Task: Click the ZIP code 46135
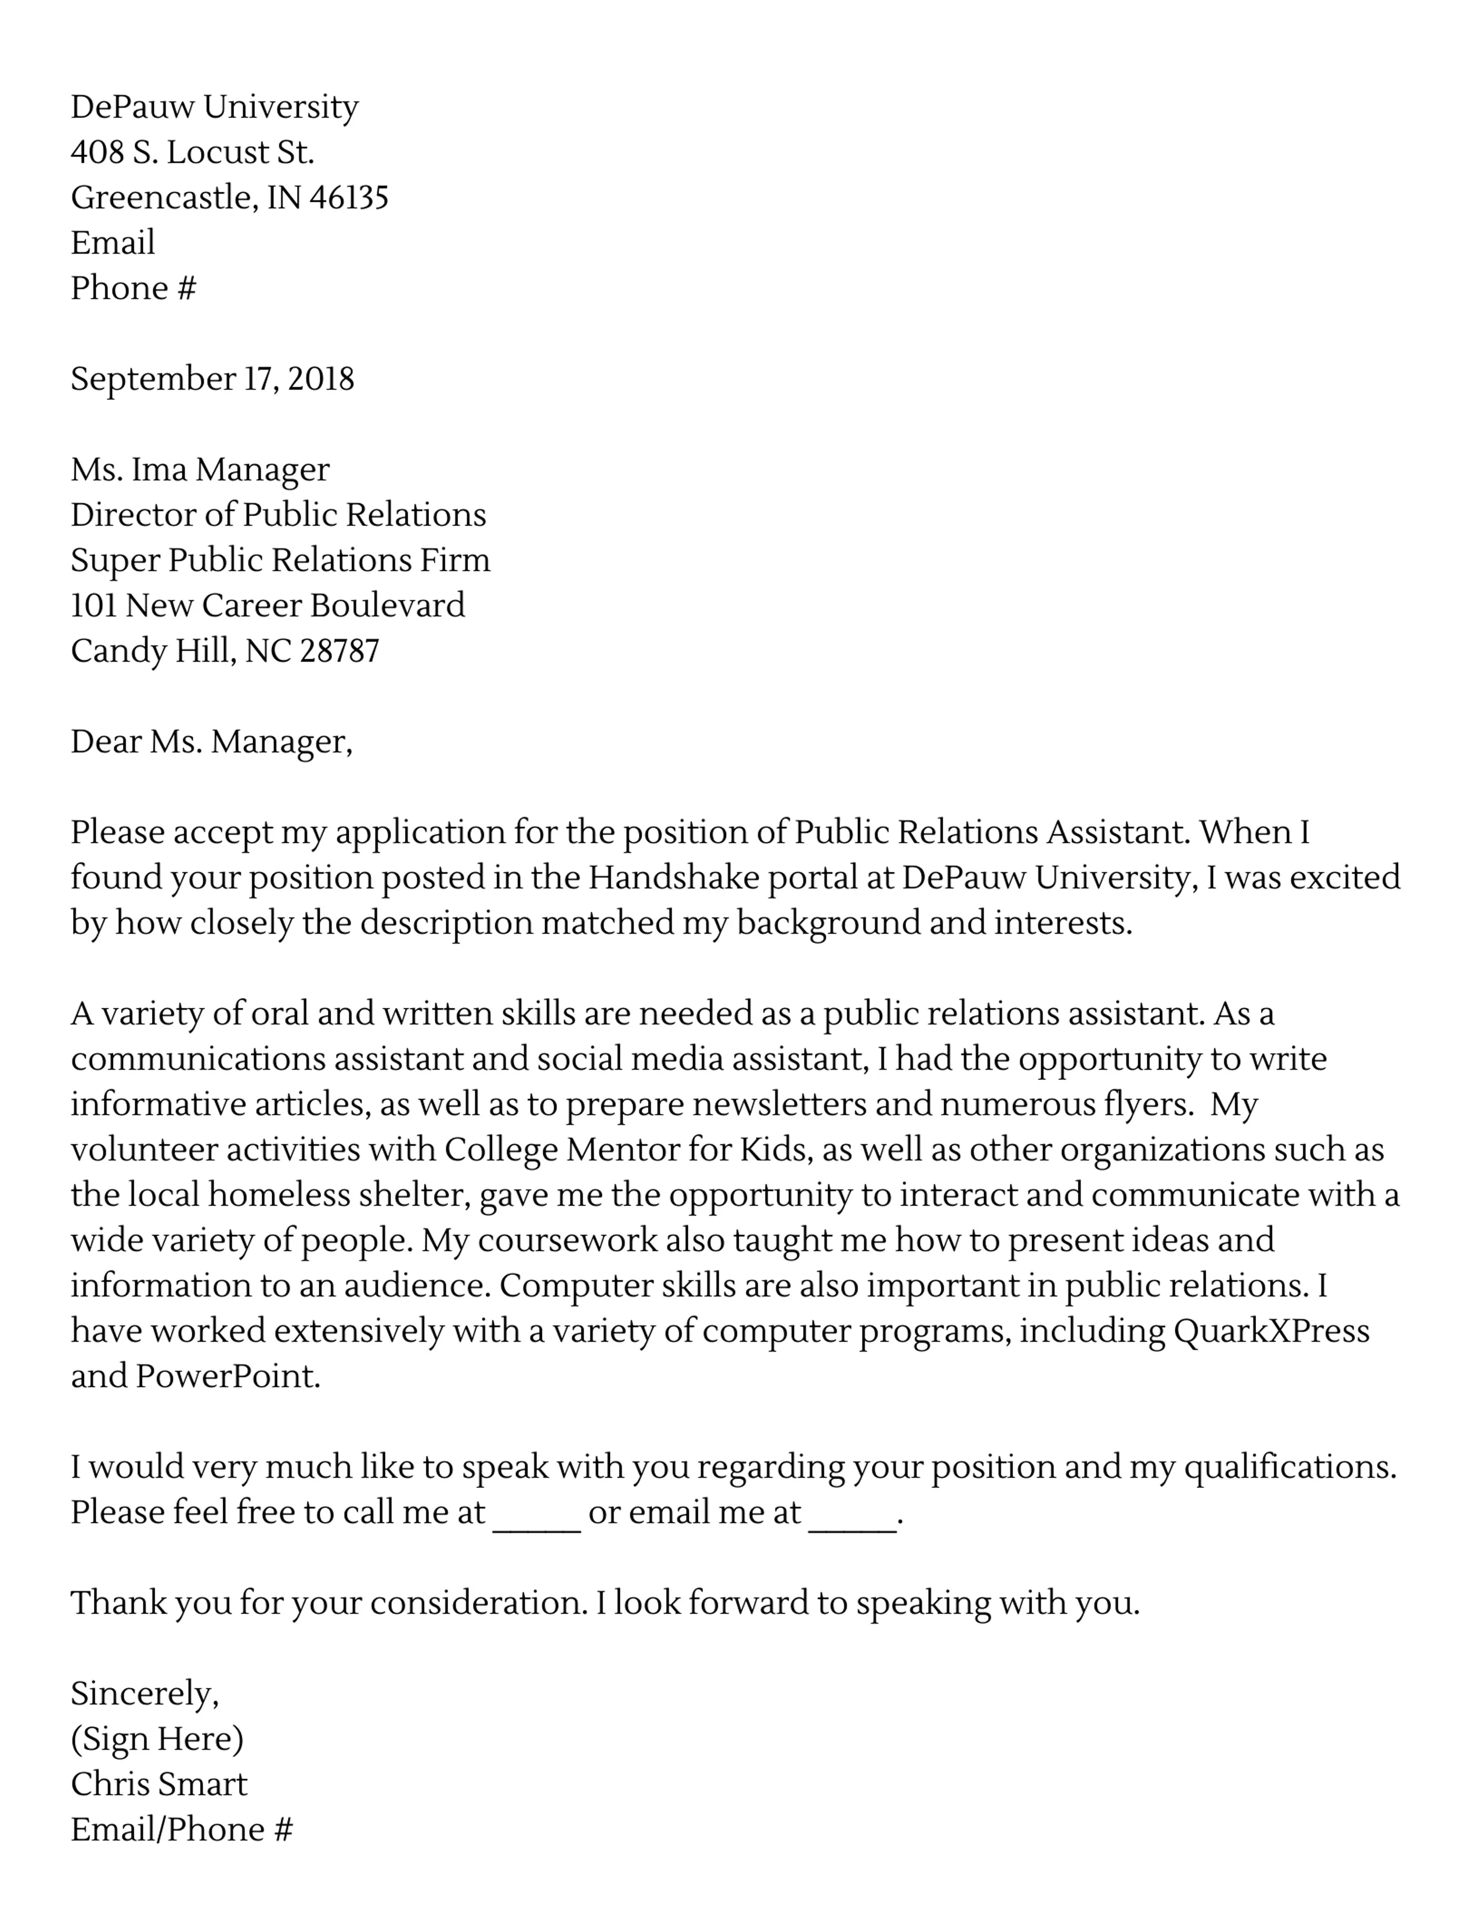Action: [349, 197]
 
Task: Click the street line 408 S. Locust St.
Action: [192, 153]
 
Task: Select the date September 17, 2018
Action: [212, 379]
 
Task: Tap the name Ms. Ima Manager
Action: [200, 470]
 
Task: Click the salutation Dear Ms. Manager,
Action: [211, 742]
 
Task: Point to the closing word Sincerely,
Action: [145, 1693]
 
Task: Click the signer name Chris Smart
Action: [158, 1784]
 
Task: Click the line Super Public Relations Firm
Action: [280, 561]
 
